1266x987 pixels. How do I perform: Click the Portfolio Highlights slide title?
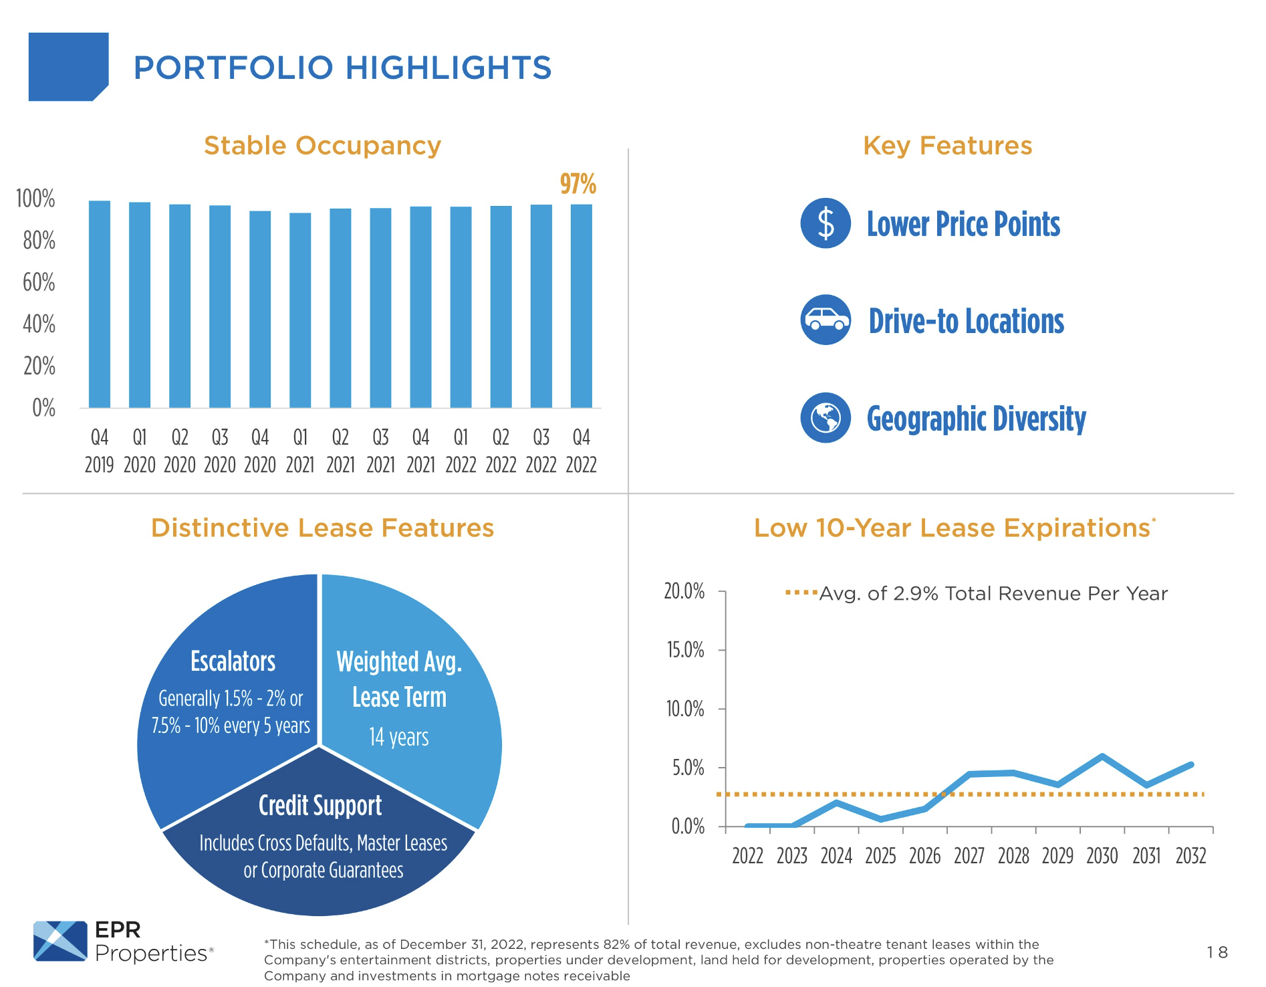[342, 68]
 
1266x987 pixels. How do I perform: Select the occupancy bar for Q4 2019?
[100, 304]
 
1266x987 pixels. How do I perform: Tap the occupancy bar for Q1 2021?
[300, 310]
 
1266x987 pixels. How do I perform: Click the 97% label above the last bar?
[578, 184]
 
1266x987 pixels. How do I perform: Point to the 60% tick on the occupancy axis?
[39, 282]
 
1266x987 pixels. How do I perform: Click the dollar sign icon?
[826, 223]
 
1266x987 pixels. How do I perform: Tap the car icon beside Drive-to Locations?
[826, 320]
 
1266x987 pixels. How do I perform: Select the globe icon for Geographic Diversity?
[826, 418]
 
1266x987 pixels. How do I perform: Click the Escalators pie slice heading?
[233, 661]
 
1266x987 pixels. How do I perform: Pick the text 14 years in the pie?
[399, 737]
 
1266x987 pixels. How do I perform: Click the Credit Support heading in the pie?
[320, 806]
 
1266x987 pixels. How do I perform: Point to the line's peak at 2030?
[1102, 756]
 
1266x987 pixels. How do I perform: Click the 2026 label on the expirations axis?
[924, 856]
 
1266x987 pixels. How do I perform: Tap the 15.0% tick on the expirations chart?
[685, 650]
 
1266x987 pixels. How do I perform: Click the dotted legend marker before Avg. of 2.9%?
[801, 592]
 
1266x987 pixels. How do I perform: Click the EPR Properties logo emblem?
[60, 941]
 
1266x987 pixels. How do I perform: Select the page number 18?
[1217, 952]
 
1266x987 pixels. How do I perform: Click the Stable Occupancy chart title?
[322, 146]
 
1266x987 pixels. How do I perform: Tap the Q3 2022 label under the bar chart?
[541, 451]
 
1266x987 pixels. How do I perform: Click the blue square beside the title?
[68, 67]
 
